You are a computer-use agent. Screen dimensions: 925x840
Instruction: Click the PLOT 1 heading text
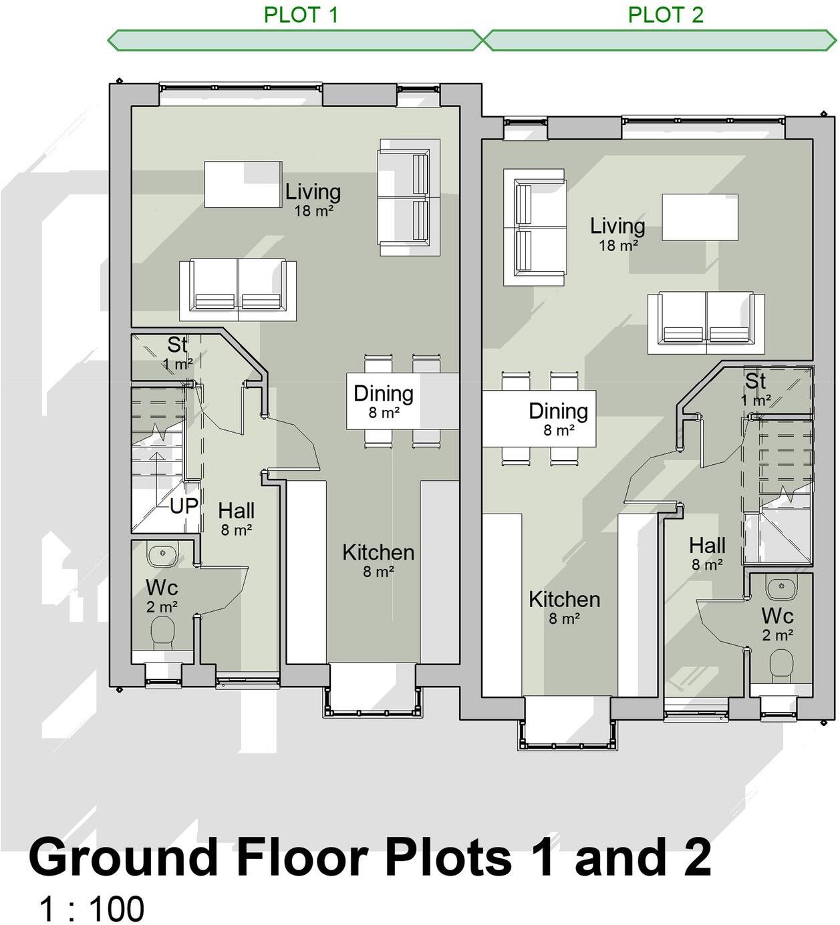(x=301, y=15)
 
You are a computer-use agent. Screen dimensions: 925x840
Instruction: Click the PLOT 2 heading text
(x=666, y=15)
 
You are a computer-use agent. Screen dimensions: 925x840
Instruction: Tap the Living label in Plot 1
(x=313, y=192)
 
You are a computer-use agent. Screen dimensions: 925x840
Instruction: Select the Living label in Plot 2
(x=617, y=226)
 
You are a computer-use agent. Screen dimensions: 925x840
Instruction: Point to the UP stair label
(x=184, y=506)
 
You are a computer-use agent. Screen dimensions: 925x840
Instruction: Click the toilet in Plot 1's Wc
(x=162, y=632)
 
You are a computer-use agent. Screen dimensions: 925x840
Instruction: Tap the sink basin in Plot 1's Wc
(x=162, y=554)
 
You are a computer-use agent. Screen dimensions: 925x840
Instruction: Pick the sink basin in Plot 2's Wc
(x=781, y=588)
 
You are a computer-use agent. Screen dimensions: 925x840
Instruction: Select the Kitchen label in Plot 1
(x=378, y=553)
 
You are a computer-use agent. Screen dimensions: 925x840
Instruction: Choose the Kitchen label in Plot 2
(x=564, y=600)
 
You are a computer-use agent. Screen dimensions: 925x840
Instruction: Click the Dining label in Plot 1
(x=384, y=394)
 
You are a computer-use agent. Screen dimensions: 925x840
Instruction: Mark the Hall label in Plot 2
(x=707, y=546)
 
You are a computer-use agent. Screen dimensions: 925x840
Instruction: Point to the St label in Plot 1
(x=177, y=345)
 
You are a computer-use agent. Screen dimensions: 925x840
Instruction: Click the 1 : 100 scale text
(x=92, y=909)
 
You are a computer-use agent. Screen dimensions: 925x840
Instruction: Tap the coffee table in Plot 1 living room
(x=243, y=184)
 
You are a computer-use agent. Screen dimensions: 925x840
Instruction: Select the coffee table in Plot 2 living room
(x=700, y=217)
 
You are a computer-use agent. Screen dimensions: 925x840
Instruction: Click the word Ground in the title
(x=124, y=858)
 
